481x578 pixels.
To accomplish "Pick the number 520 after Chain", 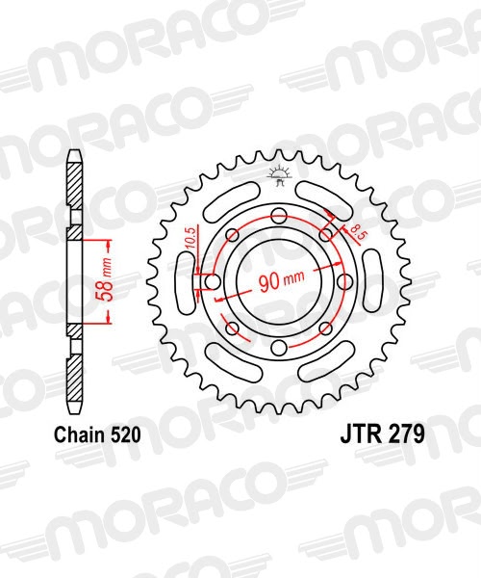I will (x=126, y=434).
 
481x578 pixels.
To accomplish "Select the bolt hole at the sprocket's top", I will (x=277, y=213).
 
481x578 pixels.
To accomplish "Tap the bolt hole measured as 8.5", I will (x=325, y=233).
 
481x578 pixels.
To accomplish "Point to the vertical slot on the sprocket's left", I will (x=182, y=282).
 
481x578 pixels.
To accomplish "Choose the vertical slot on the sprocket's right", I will (x=374, y=282).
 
